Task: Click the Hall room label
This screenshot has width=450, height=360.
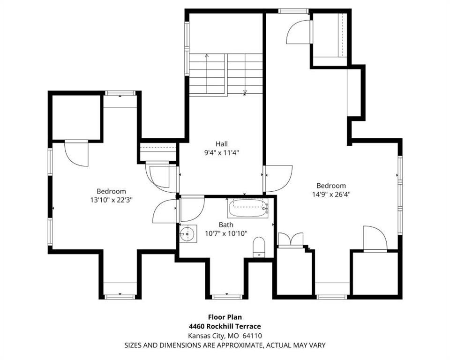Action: tap(222, 143)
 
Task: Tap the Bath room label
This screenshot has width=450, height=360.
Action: tap(226, 225)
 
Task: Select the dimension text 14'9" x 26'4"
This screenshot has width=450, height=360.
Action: tap(331, 195)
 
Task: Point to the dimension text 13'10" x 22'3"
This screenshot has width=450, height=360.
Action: tap(112, 200)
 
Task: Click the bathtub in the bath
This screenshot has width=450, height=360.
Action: tap(248, 208)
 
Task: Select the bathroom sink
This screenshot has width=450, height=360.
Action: tap(188, 234)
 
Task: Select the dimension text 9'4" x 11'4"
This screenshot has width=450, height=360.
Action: tap(222, 153)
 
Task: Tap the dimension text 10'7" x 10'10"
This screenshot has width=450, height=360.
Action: tap(226, 234)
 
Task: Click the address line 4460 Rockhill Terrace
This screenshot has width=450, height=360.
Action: tap(225, 326)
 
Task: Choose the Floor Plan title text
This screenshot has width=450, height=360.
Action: tap(225, 317)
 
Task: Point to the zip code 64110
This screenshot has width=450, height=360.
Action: tap(252, 336)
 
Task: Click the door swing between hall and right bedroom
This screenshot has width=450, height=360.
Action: tap(279, 178)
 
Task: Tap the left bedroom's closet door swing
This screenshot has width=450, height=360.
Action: tap(76, 154)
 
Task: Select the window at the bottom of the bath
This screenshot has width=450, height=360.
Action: tap(227, 297)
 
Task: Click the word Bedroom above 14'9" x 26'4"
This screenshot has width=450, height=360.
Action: tap(331, 186)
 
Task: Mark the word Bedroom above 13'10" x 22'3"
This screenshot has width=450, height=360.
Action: tap(112, 191)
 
